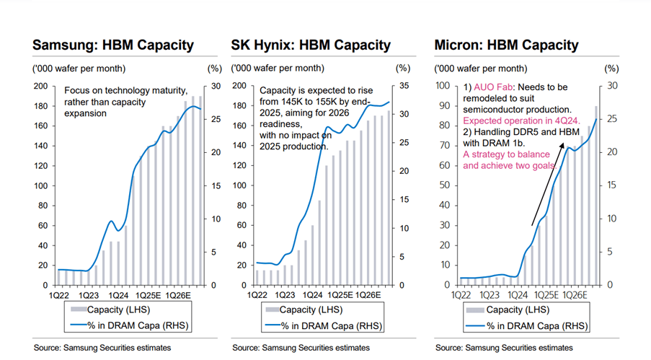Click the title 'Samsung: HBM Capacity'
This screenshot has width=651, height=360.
click(x=113, y=45)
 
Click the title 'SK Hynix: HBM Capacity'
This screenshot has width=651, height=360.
click(x=311, y=45)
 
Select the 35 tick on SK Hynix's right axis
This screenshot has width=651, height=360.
click(x=404, y=87)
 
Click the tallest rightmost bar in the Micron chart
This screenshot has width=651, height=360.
click(x=596, y=195)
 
